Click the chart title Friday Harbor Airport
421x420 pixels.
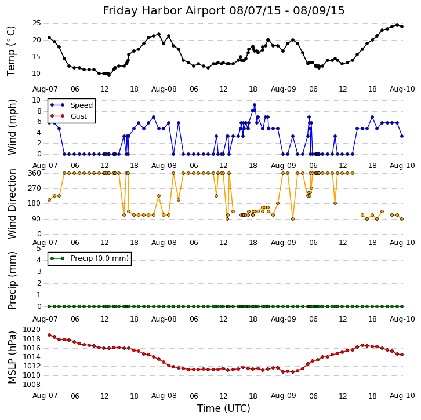[x=223, y=11]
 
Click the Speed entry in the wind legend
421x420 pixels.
[x=81, y=105]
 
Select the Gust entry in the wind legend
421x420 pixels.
[x=78, y=116]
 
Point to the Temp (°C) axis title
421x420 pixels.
[x=12, y=50]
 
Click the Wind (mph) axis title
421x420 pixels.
[x=12, y=127]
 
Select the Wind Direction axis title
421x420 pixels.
[x=12, y=203]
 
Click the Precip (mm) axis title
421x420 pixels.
[x=12, y=280]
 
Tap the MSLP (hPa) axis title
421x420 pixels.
[x=12, y=357]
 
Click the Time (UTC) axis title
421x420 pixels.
[x=224, y=408]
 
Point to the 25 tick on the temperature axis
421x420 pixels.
[x=37, y=23]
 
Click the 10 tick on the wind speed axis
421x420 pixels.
[x=37, y=100]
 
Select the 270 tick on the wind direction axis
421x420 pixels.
[x=34, y=188]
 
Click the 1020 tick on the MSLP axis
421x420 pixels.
[x=32, y=330]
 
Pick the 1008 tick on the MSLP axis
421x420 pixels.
[x=32, y=384]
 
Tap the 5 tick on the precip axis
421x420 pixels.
[x=39, y=249]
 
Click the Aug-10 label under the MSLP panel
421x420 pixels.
[x=402, y=396]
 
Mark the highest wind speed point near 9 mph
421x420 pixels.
[x=254, y=105]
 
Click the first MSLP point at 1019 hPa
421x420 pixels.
[x=49, y=334]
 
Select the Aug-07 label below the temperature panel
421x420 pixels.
[x=45, y=89]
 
